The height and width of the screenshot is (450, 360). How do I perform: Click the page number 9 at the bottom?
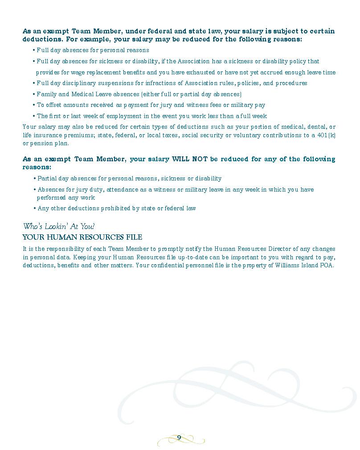179,437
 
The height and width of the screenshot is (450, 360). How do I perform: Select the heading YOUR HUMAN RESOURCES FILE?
82,237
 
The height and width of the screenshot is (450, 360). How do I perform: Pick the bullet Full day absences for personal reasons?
93,50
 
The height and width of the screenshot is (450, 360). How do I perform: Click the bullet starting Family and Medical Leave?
139,94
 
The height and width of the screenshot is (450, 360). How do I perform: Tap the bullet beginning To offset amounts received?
151,105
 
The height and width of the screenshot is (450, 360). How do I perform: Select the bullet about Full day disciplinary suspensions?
172,83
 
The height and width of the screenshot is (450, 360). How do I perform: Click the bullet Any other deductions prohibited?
116,208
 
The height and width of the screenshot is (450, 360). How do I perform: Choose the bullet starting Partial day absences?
129,178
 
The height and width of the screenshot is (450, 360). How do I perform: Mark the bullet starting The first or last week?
151,116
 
